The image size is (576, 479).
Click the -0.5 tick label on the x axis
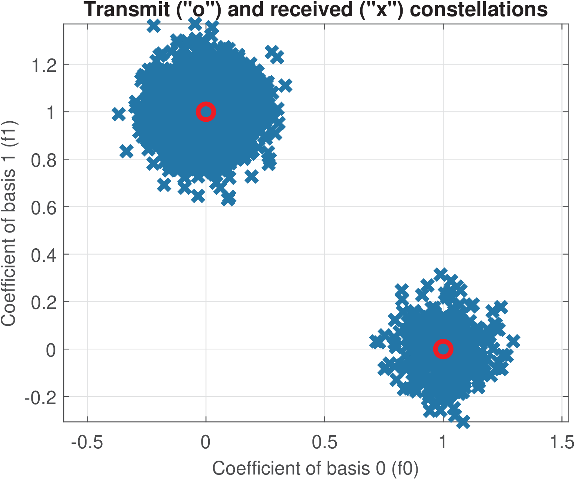[x=87, y=442]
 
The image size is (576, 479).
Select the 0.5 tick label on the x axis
[x=324, y=442]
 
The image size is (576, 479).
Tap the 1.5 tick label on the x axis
[x=562, y=442]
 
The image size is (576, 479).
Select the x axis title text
[x=315, y=468]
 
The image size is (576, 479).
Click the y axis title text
[x=8, y=223]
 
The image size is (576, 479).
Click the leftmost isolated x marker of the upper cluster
[x=119, y=114]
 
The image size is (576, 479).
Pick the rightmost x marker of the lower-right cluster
[x=513, y=341]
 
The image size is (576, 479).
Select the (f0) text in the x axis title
[x=404, y=468]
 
